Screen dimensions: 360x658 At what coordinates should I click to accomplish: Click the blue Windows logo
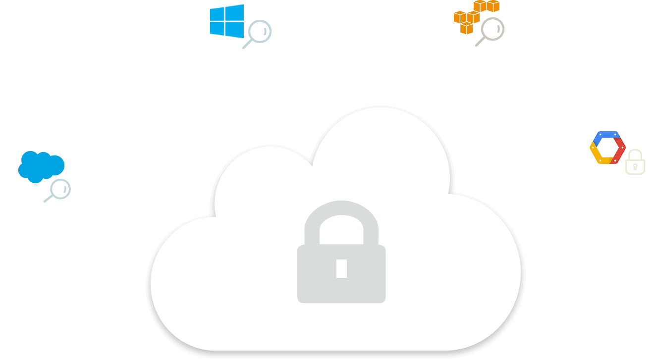pyautogui.click(x=227, y=21)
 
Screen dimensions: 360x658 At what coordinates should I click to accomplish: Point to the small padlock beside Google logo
pyautogui.click(x=636, y=162)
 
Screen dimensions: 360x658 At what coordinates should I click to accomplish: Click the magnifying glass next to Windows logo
pyautogui.click(x=258, y=33)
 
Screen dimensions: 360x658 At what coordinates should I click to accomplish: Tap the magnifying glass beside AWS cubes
pyautogui.click(x=491, y=30)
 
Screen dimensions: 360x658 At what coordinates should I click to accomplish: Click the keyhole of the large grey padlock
pyautogui.click(x=341, y=268)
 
